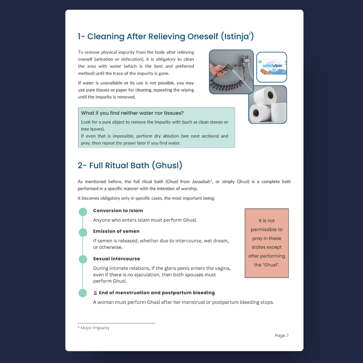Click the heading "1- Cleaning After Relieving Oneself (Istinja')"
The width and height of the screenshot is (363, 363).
tap(165, 36)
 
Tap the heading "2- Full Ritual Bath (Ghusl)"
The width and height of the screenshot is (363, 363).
tap(130, 165)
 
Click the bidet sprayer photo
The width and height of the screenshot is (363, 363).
tap(231, 72)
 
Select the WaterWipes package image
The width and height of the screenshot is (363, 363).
tap(272, 67)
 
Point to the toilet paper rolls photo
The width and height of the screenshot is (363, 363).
tap(268, 105)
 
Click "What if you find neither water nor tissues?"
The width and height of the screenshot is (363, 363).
tap(132, 113)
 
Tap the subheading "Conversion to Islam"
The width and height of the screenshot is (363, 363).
tap(118, 211)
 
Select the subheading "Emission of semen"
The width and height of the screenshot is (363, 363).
tap(116, 231)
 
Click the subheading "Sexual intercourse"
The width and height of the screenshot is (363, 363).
tap(116, 259)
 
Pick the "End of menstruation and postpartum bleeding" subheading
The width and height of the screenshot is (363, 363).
tap(157, 293)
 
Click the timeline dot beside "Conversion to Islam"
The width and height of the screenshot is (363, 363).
tap(83, 212)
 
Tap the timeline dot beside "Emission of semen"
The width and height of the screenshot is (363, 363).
tap(83, 232)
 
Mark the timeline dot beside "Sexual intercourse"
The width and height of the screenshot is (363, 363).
tap(83, 259)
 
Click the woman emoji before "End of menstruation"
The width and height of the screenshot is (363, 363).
tap(95, 293)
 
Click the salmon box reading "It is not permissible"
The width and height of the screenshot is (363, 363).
tap(267, 243)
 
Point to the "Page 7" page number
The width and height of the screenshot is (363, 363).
tap(281, 335)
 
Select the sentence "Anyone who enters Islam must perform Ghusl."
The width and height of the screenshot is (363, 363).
tap(145, 220)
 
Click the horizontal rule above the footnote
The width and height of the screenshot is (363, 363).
tap(116, 323)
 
